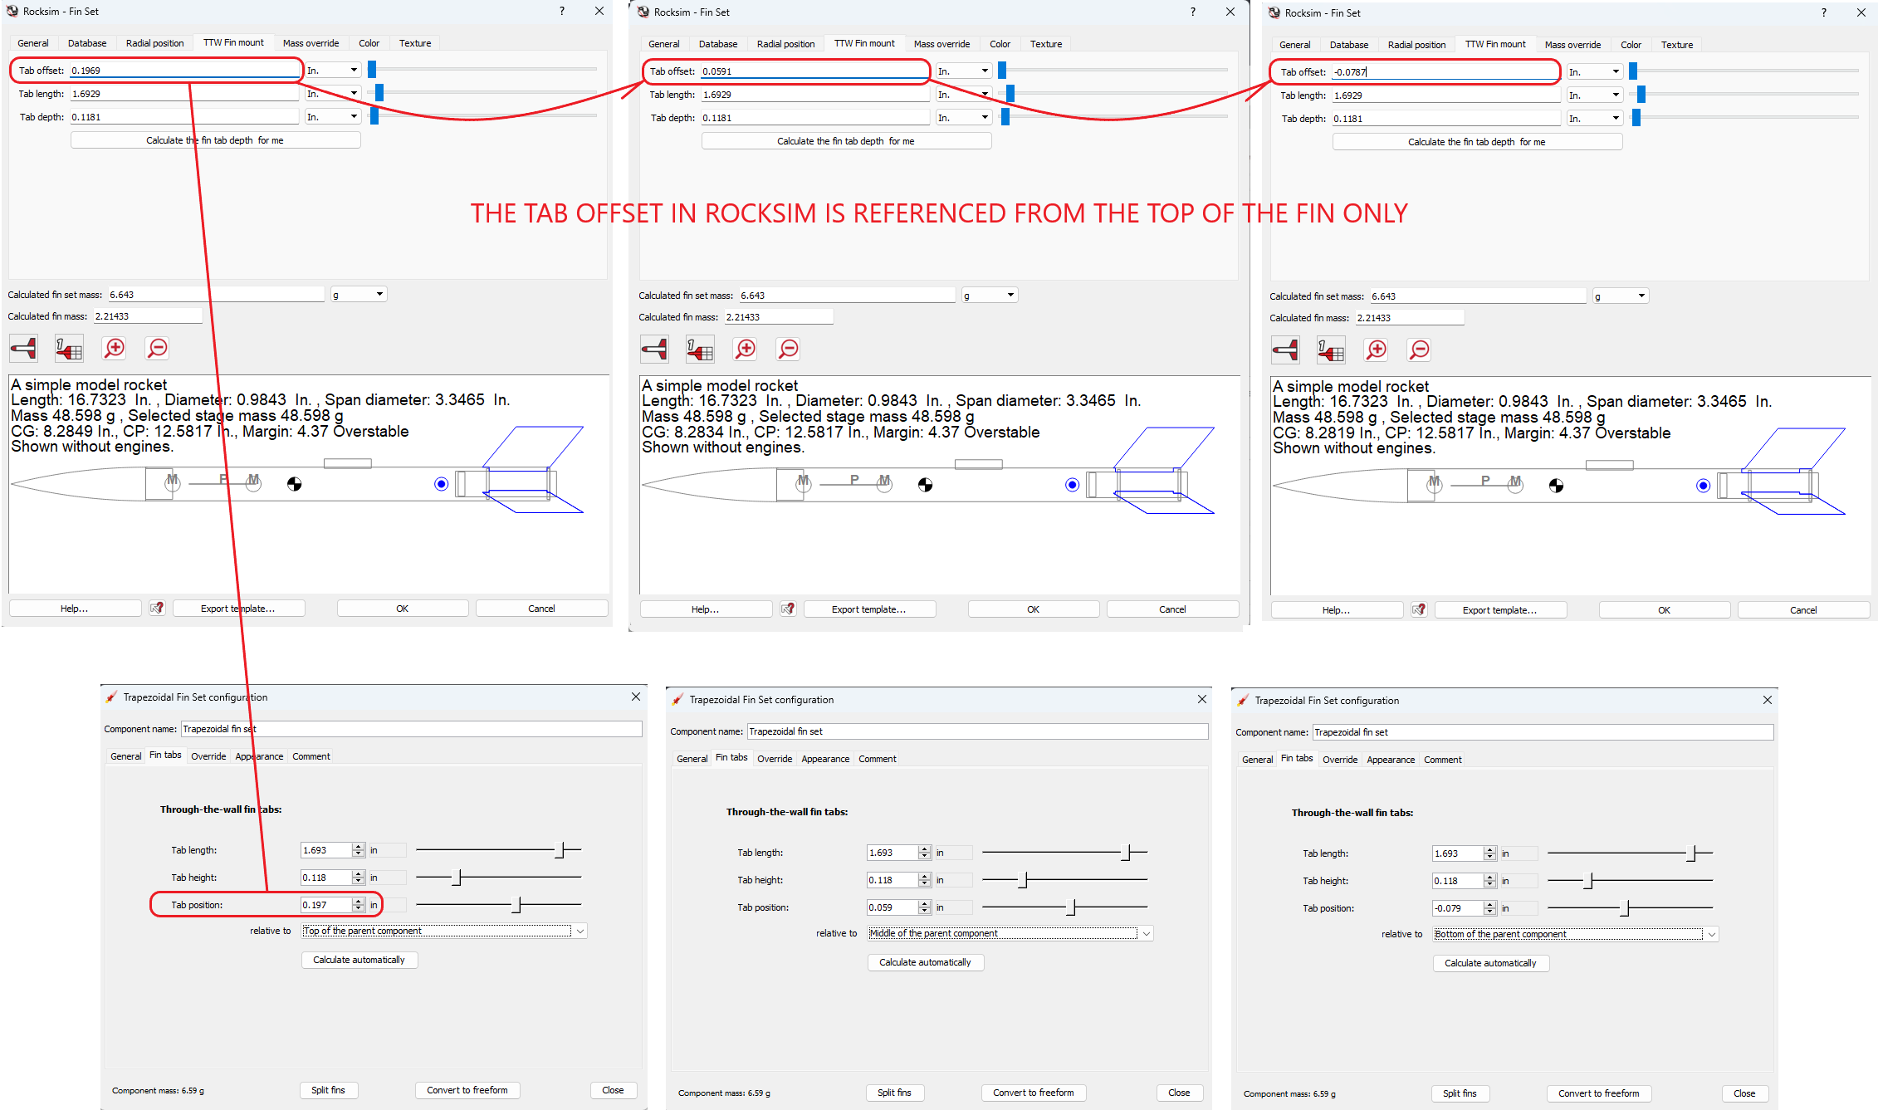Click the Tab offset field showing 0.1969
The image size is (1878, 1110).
183,71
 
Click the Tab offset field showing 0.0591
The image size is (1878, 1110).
814,71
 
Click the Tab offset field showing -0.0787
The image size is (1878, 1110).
1445,72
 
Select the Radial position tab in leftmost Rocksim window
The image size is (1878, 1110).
154,43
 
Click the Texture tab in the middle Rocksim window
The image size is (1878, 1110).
1045,44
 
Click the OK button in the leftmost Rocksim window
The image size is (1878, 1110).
402,609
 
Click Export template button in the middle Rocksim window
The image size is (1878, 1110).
868,609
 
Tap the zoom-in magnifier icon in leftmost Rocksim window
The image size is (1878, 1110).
114,348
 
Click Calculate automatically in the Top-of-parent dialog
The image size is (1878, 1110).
359,960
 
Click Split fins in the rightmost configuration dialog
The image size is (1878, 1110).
1459,1093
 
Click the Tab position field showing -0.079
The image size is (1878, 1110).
1456,908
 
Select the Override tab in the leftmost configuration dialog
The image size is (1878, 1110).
208,756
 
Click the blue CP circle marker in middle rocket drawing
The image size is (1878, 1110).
1072,485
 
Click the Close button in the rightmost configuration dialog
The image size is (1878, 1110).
1744,1093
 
